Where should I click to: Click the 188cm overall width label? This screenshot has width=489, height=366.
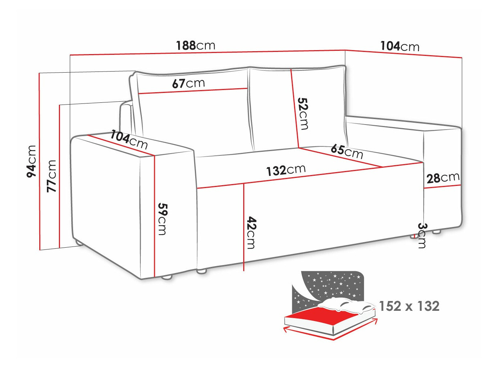tap(196, 45)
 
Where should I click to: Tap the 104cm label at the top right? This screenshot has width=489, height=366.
tap(400, 46)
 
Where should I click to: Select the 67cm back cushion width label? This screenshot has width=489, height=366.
tap(188, 84)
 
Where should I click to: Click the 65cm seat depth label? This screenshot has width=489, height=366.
tap(347, 151)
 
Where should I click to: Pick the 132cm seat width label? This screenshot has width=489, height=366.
tap(286, 170)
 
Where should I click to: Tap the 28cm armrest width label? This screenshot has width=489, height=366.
tap(443, 178)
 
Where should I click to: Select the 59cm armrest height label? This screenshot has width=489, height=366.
tap(162, 219)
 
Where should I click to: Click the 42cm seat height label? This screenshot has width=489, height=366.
tap(251, 232)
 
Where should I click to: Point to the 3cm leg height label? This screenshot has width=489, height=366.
tap(422, 235)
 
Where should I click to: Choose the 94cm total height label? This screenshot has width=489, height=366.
tap(32, 161)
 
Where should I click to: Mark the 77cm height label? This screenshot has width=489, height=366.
tap(52, 176)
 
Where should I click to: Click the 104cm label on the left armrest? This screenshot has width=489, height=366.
tap(129, 139)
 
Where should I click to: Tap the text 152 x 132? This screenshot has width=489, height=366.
tap(409, 306)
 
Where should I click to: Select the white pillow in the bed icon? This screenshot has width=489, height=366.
tap(345, 305)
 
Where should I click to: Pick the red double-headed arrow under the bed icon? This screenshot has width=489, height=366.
tap(331, 332)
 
